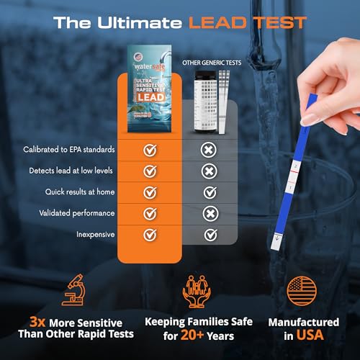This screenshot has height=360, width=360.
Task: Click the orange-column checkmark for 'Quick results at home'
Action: point(150,192)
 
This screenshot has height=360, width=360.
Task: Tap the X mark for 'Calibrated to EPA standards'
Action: point(210,150)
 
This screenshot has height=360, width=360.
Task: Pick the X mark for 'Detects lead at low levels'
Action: point(210,171)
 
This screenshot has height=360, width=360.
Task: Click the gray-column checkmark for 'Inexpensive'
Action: point(210,235)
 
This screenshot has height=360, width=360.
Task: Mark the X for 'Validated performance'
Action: point(210,213)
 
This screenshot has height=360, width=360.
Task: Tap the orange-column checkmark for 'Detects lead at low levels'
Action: point(150,171)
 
